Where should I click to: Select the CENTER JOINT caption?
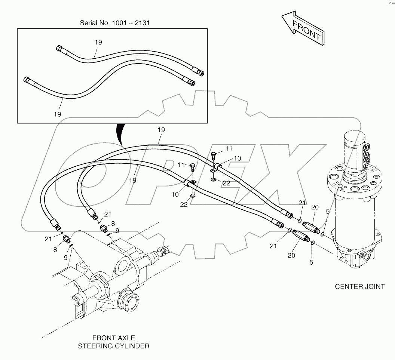coord(359,287)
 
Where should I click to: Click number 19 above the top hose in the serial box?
coord(98,42)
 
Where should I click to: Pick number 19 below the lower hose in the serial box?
coord(57,114)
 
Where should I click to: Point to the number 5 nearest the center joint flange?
coord(327,211)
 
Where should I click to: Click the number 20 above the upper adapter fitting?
coord(315,207)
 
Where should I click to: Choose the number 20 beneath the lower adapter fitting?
coord(291,255)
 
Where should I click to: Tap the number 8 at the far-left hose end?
coord(55,250)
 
